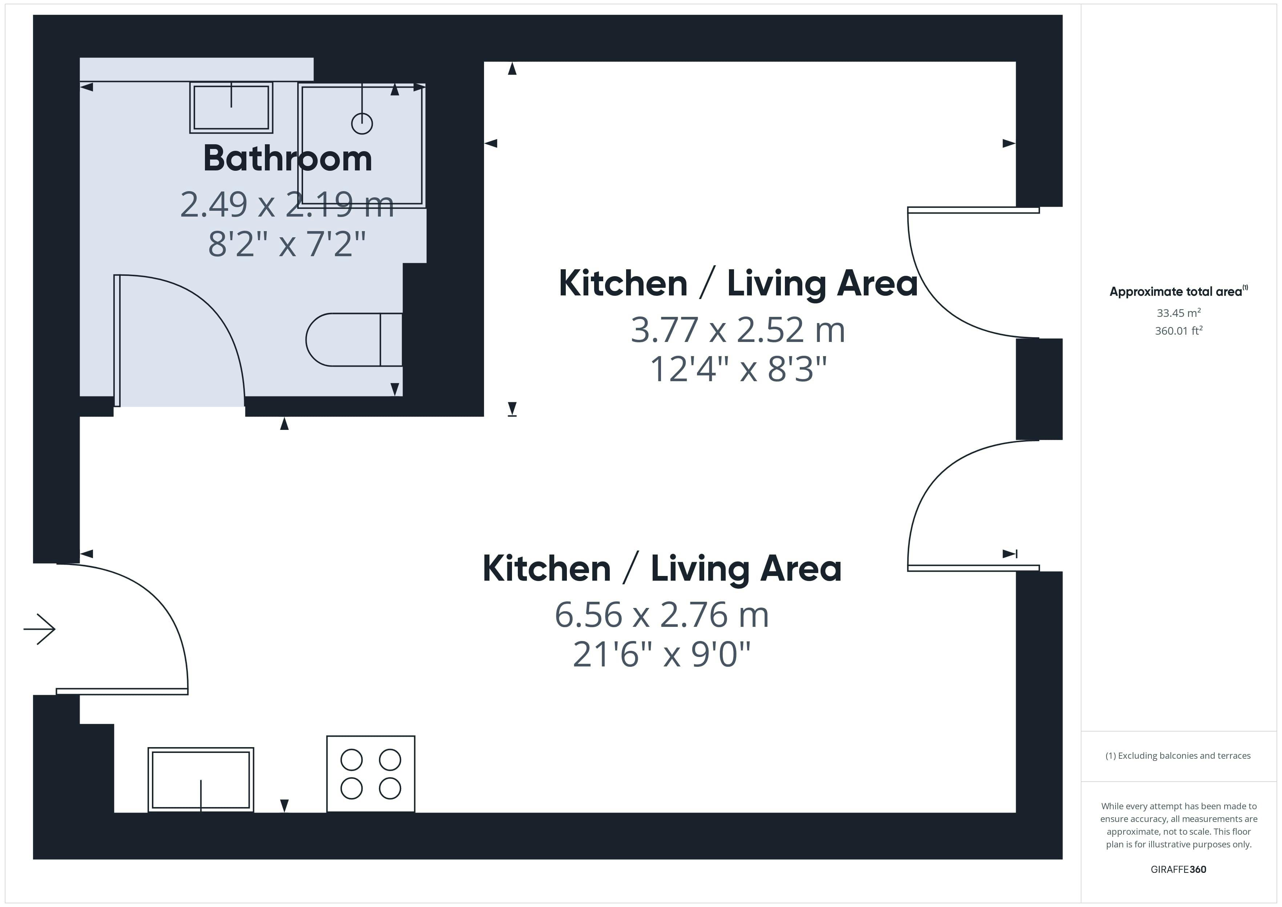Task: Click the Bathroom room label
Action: (x=287, y=158)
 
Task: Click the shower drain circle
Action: (x=362, y=124)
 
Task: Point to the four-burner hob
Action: (x=371, y=774)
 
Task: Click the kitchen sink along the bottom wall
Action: (x=201, y=779)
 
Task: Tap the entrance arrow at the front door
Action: (x=40, y=629)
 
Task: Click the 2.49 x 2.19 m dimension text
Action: (x=287, y=205)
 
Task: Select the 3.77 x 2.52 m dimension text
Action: (x=738, y=330)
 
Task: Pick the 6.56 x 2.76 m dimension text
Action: (x=662, y=615)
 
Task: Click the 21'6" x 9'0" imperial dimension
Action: (x=662, y=654)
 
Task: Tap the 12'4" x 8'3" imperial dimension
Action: (x=738, y=369)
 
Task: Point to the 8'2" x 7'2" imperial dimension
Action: (x=287, y=244)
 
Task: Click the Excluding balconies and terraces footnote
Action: (x=1178, y=755)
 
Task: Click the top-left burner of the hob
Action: (x=352, y=759)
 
